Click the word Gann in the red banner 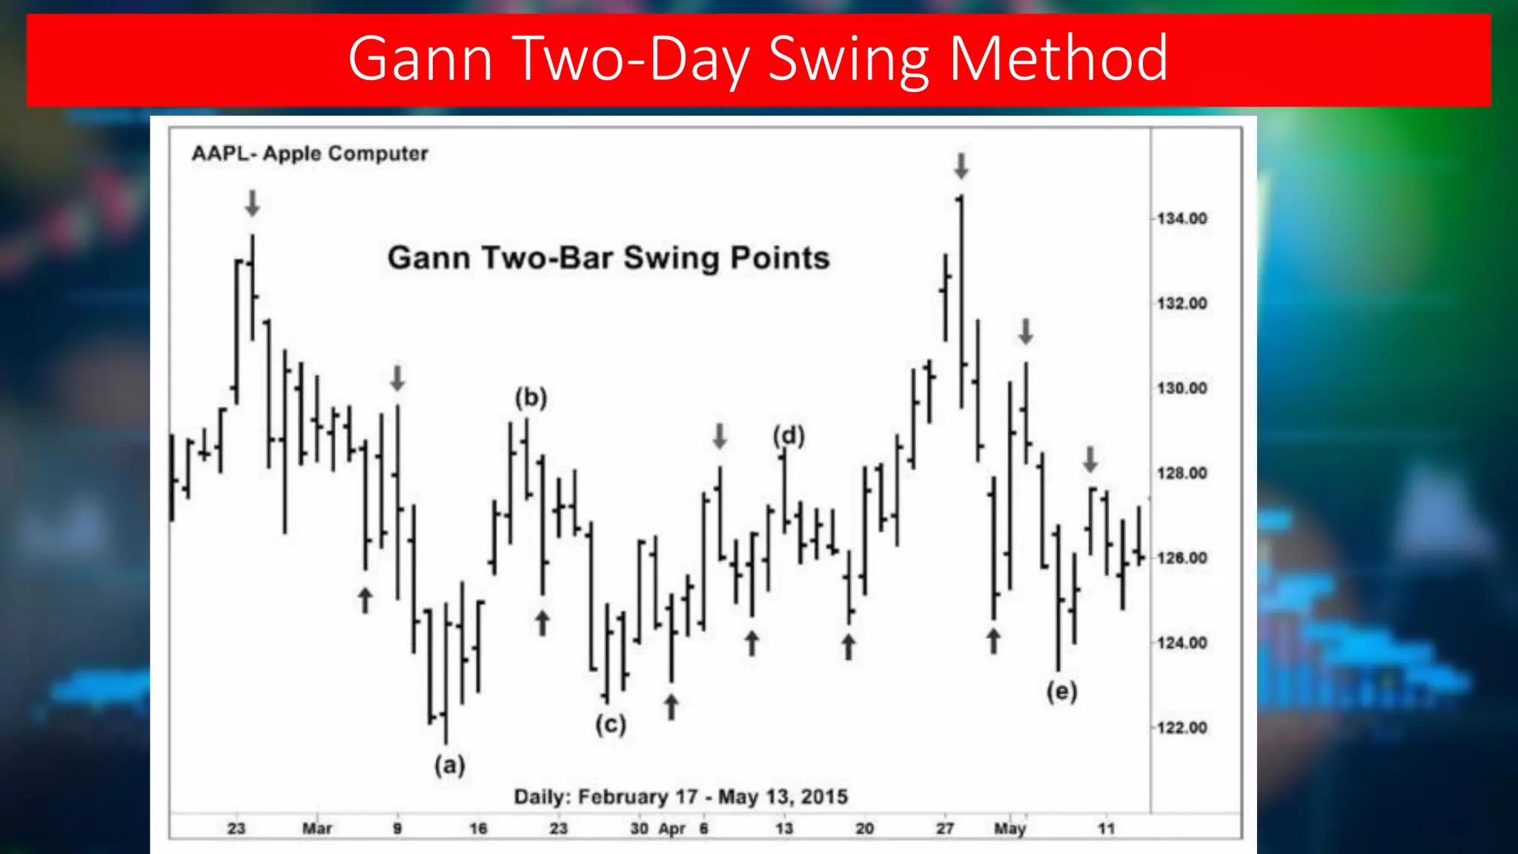[420, 59]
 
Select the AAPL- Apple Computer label [310, 153]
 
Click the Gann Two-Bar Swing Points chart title [608, 258]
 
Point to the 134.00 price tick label [1182, 219]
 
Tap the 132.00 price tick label [1182, 303]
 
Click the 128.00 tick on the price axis [1182, 473]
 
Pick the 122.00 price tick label [1182, 727]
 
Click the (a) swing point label [450, 764]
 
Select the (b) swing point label [531, 398]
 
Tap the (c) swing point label [611, 724]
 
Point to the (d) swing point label [789, 435]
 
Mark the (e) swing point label [1061, 692]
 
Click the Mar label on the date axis [316, 828]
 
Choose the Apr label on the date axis [672, 828]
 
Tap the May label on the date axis [1010, 828]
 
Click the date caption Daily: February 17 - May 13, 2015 [680, 797]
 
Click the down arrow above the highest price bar [961, 166]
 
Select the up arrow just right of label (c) [671, 706]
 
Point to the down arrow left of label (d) [720, 436]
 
